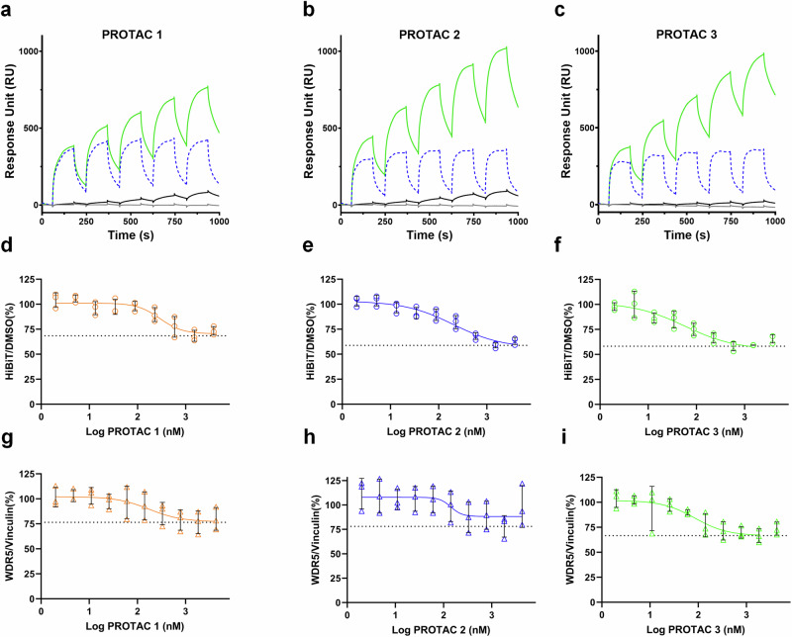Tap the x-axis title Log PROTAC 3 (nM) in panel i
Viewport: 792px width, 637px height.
pyautogui.click(x=691, y=624)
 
